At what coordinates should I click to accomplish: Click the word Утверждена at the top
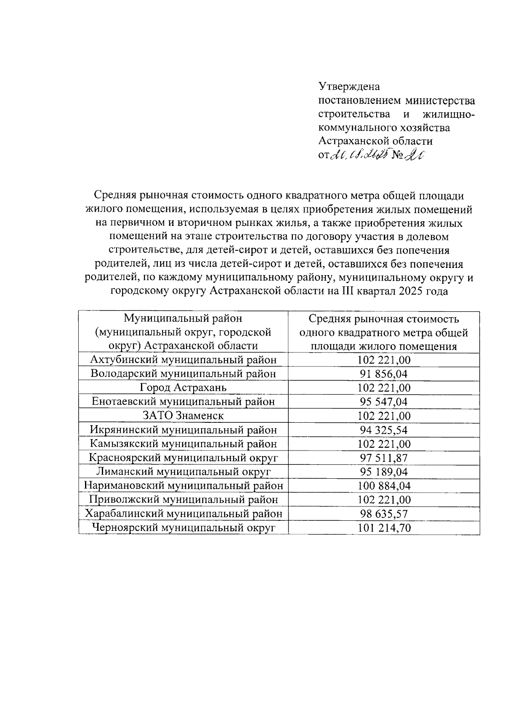tap(349, 87)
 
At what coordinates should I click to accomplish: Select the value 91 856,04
tap(384, 374)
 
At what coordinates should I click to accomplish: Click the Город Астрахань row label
tap(183, 387)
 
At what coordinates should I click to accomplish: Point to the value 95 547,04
tap(384, 402)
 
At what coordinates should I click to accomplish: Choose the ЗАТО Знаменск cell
tap(183, 416)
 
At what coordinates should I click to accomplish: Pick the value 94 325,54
tap(384, 430)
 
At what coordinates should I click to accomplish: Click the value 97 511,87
tap(384, 458)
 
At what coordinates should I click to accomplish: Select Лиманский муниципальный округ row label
tap(183, 472)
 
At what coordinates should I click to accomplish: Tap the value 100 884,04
tap(384, 486)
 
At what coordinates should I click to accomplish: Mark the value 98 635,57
tap(384, 514)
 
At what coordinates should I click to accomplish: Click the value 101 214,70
tap(384, 527)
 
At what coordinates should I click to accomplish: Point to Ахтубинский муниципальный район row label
tap(183, 360)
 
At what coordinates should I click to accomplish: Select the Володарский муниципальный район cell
tap(183, 374)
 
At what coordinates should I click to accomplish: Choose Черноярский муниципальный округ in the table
tap(183, 527)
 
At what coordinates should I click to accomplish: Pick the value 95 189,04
tap(384, 472)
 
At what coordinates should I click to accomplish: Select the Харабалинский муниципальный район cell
tap(183, 514)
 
